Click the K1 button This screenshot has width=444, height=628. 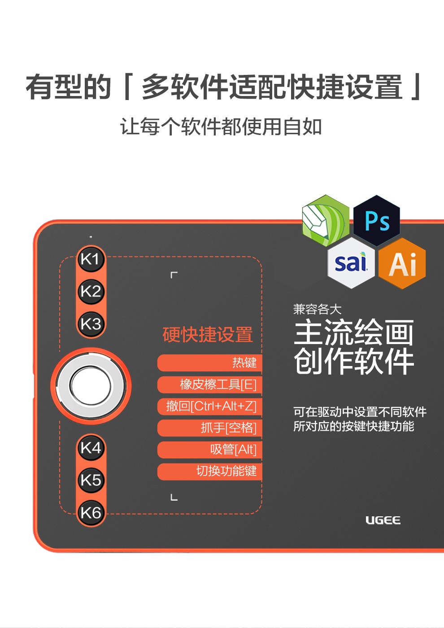91,259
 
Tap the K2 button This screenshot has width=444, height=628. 91,291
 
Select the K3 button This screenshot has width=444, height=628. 91,324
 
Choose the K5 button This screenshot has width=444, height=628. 91,480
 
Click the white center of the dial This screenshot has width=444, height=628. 91,386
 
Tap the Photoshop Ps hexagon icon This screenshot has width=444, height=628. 376,221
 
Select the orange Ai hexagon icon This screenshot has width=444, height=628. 402,263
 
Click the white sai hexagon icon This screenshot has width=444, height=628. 351,263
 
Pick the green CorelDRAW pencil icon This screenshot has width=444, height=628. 326,221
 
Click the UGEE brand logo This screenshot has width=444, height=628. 383,520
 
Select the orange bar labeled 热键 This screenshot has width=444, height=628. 210,363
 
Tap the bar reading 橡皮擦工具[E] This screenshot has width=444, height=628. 210,385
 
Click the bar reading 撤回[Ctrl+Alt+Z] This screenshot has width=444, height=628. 210,406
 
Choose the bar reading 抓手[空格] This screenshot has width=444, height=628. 210,428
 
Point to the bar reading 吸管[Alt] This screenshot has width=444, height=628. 210,449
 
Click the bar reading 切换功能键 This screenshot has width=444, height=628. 210,471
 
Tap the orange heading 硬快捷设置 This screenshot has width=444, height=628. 208,335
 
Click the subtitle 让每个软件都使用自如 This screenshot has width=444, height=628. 221,126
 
